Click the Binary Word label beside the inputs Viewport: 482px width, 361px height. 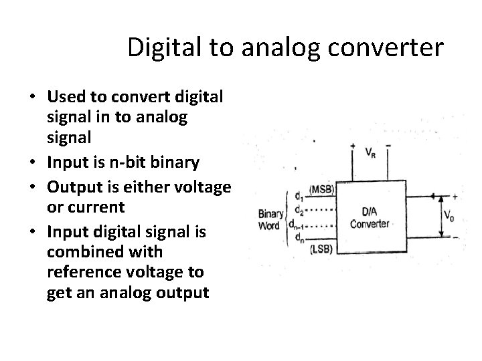click(271, 219)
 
